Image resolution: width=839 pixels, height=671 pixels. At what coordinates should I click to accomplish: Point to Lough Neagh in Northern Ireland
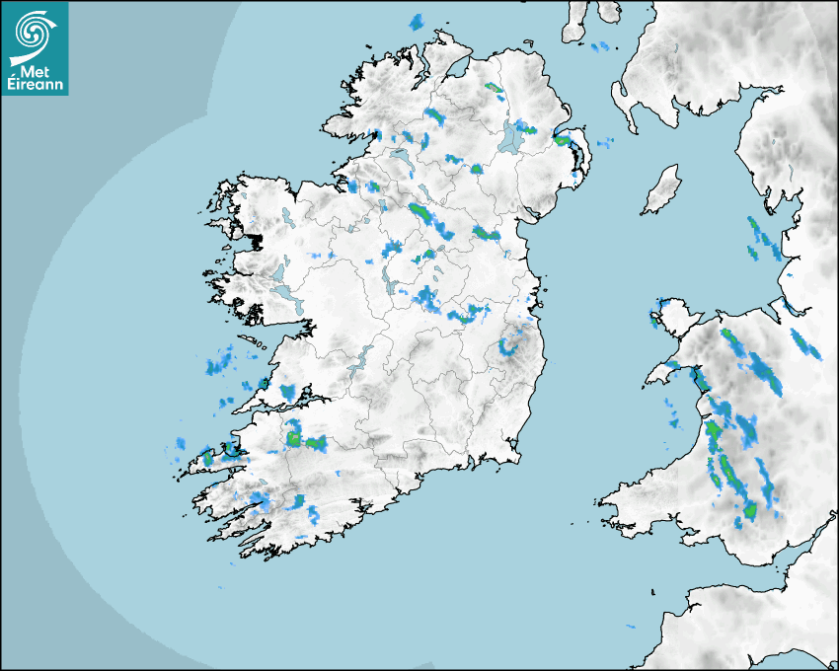point(511,138)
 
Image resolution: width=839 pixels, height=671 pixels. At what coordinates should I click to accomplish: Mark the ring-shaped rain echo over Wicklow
point(509,345)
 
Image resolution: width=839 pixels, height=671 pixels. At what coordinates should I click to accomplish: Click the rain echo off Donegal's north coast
point(416,22)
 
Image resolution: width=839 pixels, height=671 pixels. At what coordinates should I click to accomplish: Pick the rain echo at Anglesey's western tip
point(653,318)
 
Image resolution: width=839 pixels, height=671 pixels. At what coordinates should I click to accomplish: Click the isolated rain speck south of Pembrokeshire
point(630,627)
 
